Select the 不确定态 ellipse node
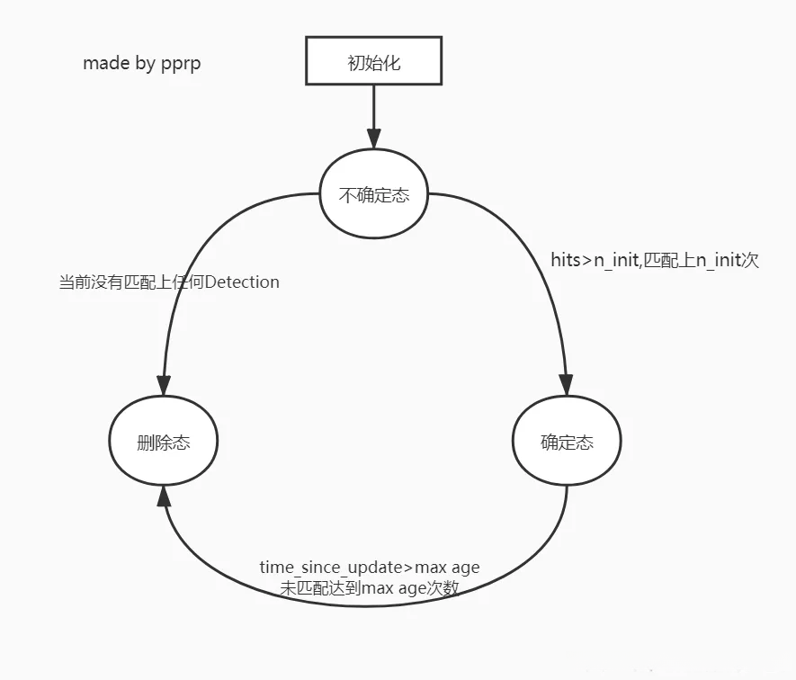(x=373, y=194)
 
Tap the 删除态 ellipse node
(x=163, y=442)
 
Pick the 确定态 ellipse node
(x=567, y=442)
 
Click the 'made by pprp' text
(x=141, y=64)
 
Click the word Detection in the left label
(x=242, y=282)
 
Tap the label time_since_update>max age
(x=369, y=568)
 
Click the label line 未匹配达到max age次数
(x=369, y=588)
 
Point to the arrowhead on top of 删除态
(x=163, y=384)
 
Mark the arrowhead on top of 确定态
(x=567, y=384)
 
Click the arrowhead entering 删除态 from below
(x=163, y=497)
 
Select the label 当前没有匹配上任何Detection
(x=169, y=282)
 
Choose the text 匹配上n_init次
(x=699, y=261)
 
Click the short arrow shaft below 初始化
(x=373, y=108)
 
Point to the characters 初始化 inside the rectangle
(x=373, y=63)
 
